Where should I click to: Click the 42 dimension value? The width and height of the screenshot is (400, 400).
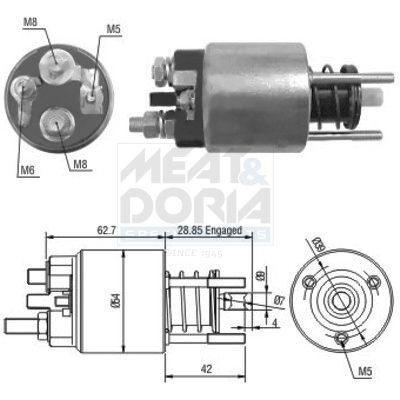point(207,370)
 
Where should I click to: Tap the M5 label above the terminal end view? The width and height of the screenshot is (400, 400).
point(115,28)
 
